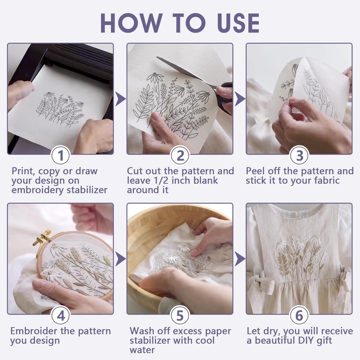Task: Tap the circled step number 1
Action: [x=61, y=155]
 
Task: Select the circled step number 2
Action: [x=180, y=155]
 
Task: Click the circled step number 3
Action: [x=300, y=155]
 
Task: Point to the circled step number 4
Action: [x=61, y=315]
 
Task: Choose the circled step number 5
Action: [x=180, y=315]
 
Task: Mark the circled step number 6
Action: [x=300, y=315]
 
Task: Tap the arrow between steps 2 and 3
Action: [x=239, y=99]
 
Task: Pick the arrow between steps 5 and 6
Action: [x=239, y=259]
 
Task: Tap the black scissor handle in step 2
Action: [x=224, y=99]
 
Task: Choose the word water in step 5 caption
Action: [x=142, y=351]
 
